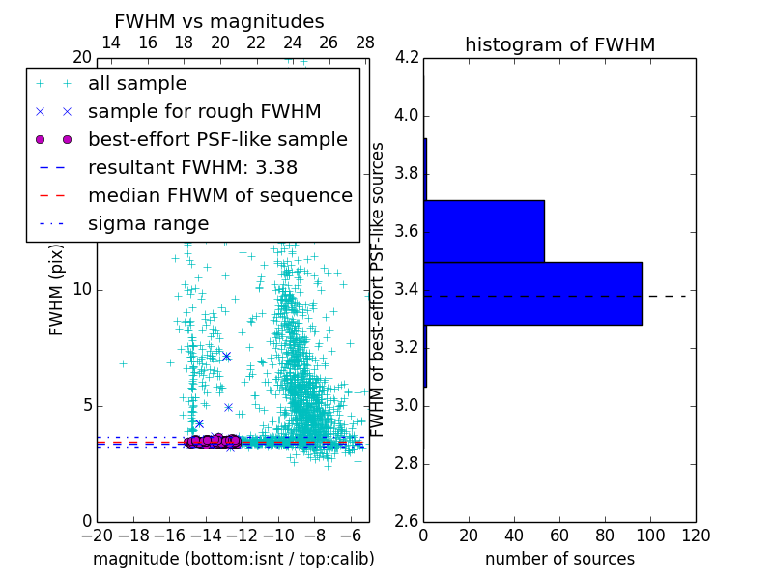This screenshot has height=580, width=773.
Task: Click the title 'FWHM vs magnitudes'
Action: (x=219, y=21)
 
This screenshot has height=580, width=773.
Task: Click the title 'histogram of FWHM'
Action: (x=559, y=44)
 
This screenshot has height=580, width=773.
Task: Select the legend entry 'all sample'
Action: (x=137, y=84)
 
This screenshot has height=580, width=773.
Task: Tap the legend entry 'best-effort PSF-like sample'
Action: (x=217, y=139)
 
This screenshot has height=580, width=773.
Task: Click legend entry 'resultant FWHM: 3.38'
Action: (x=192, y=167)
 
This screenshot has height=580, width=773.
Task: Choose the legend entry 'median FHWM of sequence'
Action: (x=219, y=195)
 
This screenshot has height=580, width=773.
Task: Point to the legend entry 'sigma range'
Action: (x=148, y=223)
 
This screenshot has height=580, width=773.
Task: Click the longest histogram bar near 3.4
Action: (x=532, y=293)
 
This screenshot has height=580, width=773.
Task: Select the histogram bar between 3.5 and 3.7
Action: (x=484, y=231)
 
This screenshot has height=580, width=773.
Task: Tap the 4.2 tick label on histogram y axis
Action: (x=407, y=58)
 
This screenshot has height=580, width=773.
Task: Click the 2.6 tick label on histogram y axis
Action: (x=407, y=521)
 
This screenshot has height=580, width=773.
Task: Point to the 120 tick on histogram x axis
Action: (x=695, y=536)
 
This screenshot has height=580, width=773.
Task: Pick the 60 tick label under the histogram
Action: (x=559, y=536)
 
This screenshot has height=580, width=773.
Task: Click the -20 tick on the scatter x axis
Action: (x=97, y=536)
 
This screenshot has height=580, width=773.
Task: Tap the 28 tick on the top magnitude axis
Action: (x=365, y=43)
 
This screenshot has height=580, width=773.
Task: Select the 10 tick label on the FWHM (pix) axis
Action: (x=82, y=290)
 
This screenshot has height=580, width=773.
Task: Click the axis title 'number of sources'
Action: (x=559, y=559)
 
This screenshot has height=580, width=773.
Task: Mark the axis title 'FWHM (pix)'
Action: (x=57, y=290)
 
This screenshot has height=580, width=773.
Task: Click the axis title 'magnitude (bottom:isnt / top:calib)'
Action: (x=233, y=559)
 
